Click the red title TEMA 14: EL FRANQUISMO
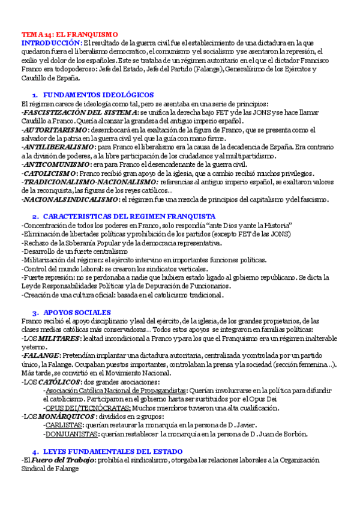[x=70, y=35]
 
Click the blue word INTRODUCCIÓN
[x=52, y=43]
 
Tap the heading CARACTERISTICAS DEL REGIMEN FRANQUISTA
[x=129, y=216]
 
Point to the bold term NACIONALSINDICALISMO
[x=69, y=199]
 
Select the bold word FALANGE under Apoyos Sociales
[x=40, y=355]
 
